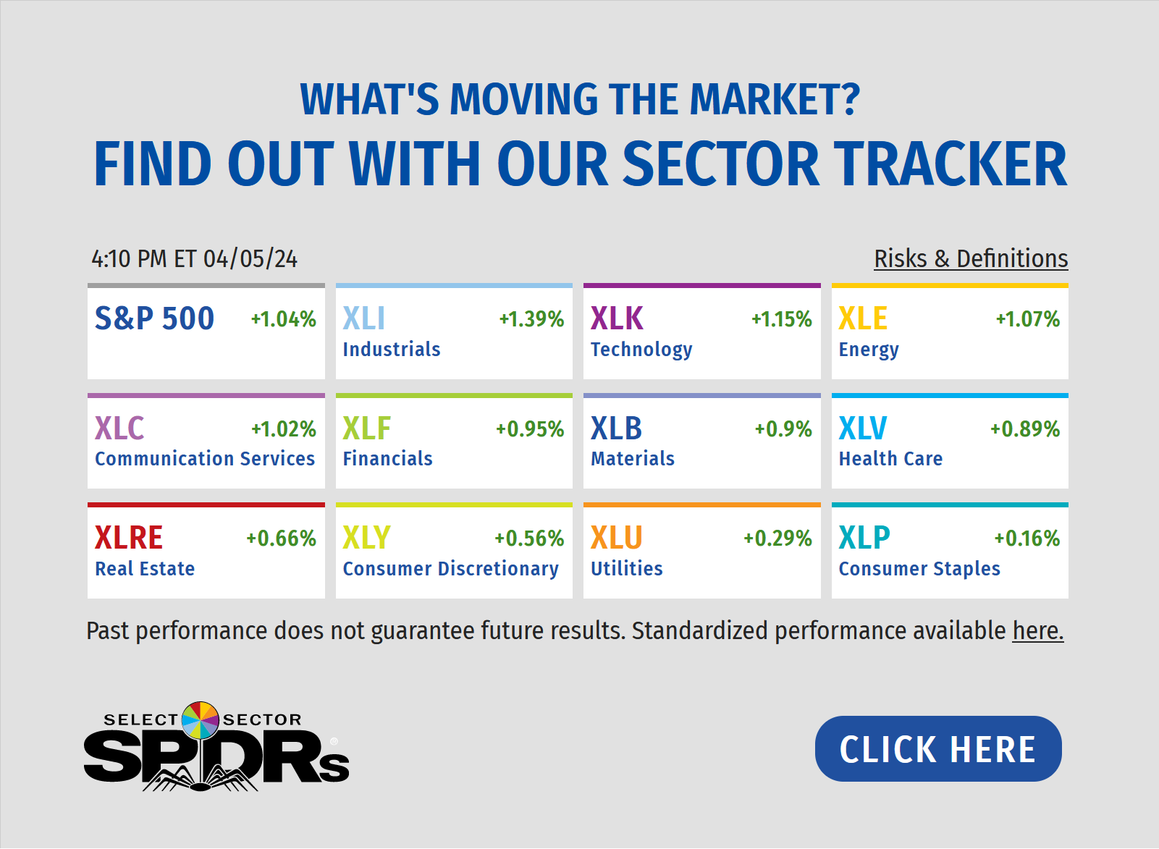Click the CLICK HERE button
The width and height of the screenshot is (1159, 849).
pos(938,748)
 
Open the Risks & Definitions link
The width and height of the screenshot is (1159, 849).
pos(971,258)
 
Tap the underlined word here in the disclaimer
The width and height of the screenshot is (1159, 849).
pos(1038,630)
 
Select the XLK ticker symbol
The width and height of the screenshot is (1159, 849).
pos(617,318)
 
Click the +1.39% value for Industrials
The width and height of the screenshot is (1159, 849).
pos(531,319)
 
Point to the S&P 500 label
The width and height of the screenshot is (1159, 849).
pos(154,318)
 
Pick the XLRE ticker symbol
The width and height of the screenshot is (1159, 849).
pos(129,538)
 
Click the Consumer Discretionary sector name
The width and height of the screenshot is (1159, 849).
pos(451,569)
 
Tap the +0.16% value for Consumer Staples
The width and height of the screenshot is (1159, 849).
pos(1027,538)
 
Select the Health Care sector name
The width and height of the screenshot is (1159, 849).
pos(890,459)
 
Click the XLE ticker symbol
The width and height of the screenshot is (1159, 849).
pos(862,318)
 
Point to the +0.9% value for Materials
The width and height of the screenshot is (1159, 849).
pos(783,429)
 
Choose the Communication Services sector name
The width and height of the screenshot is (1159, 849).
pos(205,459)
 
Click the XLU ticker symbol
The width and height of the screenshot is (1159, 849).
pos(616,538)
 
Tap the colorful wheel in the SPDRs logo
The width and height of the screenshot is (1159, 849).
pos(201,720)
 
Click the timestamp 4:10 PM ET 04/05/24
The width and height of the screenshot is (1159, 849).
pos(195,258)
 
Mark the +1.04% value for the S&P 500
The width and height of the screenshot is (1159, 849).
pos(284,319)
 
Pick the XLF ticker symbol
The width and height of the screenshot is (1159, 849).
pos(366,428)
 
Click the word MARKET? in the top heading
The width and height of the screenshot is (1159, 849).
pos(775,99)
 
